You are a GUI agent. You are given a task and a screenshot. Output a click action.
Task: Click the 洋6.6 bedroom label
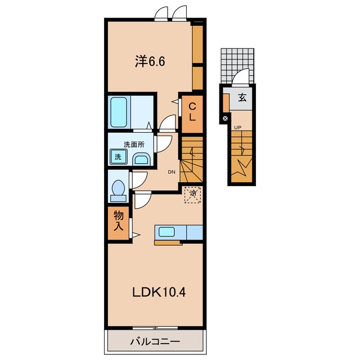click(x=150, y=61)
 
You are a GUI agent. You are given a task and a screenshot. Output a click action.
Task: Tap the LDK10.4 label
click(x=159, y=292)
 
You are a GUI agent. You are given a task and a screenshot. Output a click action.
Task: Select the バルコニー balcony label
click(x=155, y=342)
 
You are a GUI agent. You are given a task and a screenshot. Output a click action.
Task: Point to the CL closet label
click(x=192, y=112)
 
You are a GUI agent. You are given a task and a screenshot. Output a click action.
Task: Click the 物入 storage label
click(x=119, y=221)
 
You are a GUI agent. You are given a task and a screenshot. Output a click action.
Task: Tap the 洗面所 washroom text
click(x=134, y=145)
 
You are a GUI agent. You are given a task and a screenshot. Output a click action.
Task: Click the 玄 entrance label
click(x=242, y=98)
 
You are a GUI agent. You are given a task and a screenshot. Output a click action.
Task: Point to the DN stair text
click(x=172, y=172)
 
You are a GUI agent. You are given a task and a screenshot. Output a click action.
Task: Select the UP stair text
click(x=237, y=128)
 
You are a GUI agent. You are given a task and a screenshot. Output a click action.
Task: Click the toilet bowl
click(x=118, y=191)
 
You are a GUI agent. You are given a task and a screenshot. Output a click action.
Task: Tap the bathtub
click(x=119, y=112)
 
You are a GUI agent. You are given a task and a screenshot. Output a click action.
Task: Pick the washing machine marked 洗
click(x=119, y=156)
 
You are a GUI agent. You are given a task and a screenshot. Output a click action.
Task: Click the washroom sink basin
click(x=141, y=159)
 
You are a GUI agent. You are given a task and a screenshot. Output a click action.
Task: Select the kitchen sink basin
click(x=166, y=232)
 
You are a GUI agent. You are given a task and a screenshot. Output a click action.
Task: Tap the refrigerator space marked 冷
click(x=193, y=195)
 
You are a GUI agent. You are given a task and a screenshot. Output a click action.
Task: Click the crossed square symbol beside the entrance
click(x=226, y=119)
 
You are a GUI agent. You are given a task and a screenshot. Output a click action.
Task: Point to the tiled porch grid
click(x=237, y=66)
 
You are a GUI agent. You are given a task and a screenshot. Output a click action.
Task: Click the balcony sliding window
click(x=155, y=328)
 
